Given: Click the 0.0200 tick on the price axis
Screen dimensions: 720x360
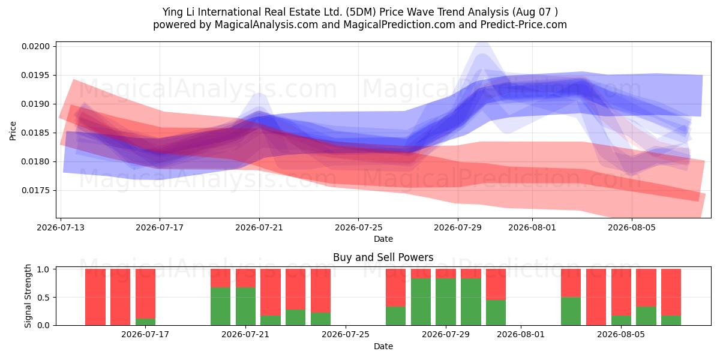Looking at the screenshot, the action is click(35, 47).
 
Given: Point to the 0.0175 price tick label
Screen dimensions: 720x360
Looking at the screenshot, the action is click(35, 191).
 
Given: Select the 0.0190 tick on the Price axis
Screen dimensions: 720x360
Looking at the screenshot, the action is click(35, 104).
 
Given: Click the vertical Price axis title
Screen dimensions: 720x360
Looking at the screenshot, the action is click(13, 131).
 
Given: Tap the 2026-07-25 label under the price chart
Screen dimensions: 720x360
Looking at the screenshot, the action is click(358, 227).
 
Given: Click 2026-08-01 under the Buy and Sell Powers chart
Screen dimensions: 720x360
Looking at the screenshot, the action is click(521, 335).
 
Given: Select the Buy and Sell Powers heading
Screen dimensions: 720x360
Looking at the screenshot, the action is click(383, 257).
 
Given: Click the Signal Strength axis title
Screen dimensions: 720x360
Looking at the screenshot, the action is click(28, 296).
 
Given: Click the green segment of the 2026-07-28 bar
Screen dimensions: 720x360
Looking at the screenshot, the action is click(421, 302).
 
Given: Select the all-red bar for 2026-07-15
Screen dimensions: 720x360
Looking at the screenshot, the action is click(120, 297).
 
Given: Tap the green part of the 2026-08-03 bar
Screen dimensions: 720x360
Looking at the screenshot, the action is click(571, 311).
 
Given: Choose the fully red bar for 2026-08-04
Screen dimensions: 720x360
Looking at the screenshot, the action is click(596, 297).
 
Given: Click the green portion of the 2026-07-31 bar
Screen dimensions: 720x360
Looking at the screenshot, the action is click(496, 313).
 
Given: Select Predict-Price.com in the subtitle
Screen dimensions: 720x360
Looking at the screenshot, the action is click(524, 25).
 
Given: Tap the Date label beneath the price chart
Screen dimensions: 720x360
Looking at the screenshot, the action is click(383, 239).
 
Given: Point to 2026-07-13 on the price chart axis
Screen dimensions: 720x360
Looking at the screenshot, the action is click(61, 227).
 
